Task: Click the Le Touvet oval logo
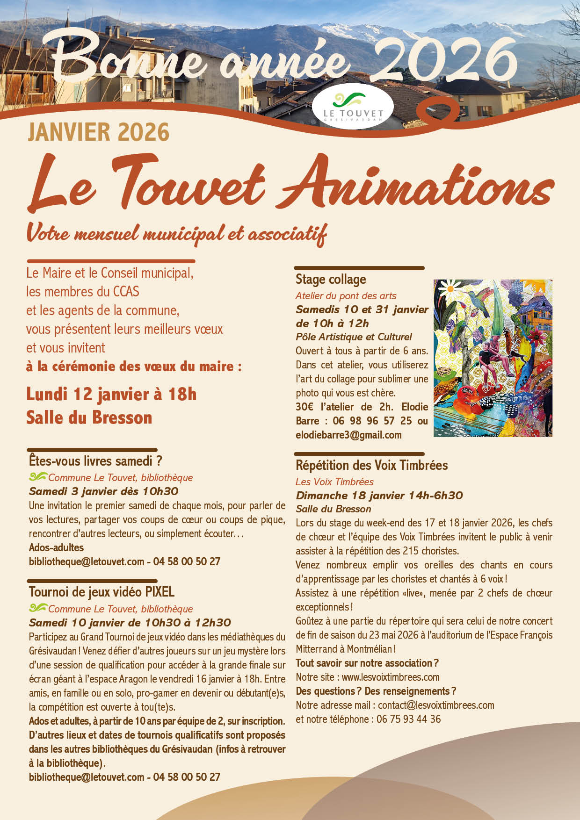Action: pyautogui.click(x=353, y=106)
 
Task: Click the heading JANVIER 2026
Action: pyautogui.click(x=98, y=132)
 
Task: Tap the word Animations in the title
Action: pyautogui.click(x=416, y=184)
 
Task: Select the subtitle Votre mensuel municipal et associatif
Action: pyautogui.click(x=176, y=233)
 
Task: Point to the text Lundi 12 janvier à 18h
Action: pyautogui.click(x=111, y=394)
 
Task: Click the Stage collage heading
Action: pyautogui.click(x=331, y=280)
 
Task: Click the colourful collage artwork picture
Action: pyautogui.click(x=493, y=358)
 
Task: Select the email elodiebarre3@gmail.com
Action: pyautogui.click(x=348, y=435)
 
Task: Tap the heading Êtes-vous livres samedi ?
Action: pyautogui.click(x=95, y=461)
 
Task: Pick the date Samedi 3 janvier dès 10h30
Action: pyautogui.click(x=103, y=491)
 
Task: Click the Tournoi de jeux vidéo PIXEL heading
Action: pyautogui.click(x=101, y=592)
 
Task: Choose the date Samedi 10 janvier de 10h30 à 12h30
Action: pyautogui.click(x=130, y=623)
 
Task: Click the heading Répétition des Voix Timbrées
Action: pyautogui.click(x=371, y=465)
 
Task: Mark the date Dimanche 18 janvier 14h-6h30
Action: pyautogui.click(x=379, y=496)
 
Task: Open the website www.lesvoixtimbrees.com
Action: pyautogui.click(x=391, y=677)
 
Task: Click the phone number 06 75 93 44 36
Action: pyautogui.click(x=408, y=719)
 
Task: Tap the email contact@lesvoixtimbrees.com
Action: pyautogui.click(x=436, y=705)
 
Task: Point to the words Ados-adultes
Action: pyautogui.click(x=56, y=547)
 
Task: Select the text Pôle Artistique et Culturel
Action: pyautogui.click(x=354, y=337)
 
